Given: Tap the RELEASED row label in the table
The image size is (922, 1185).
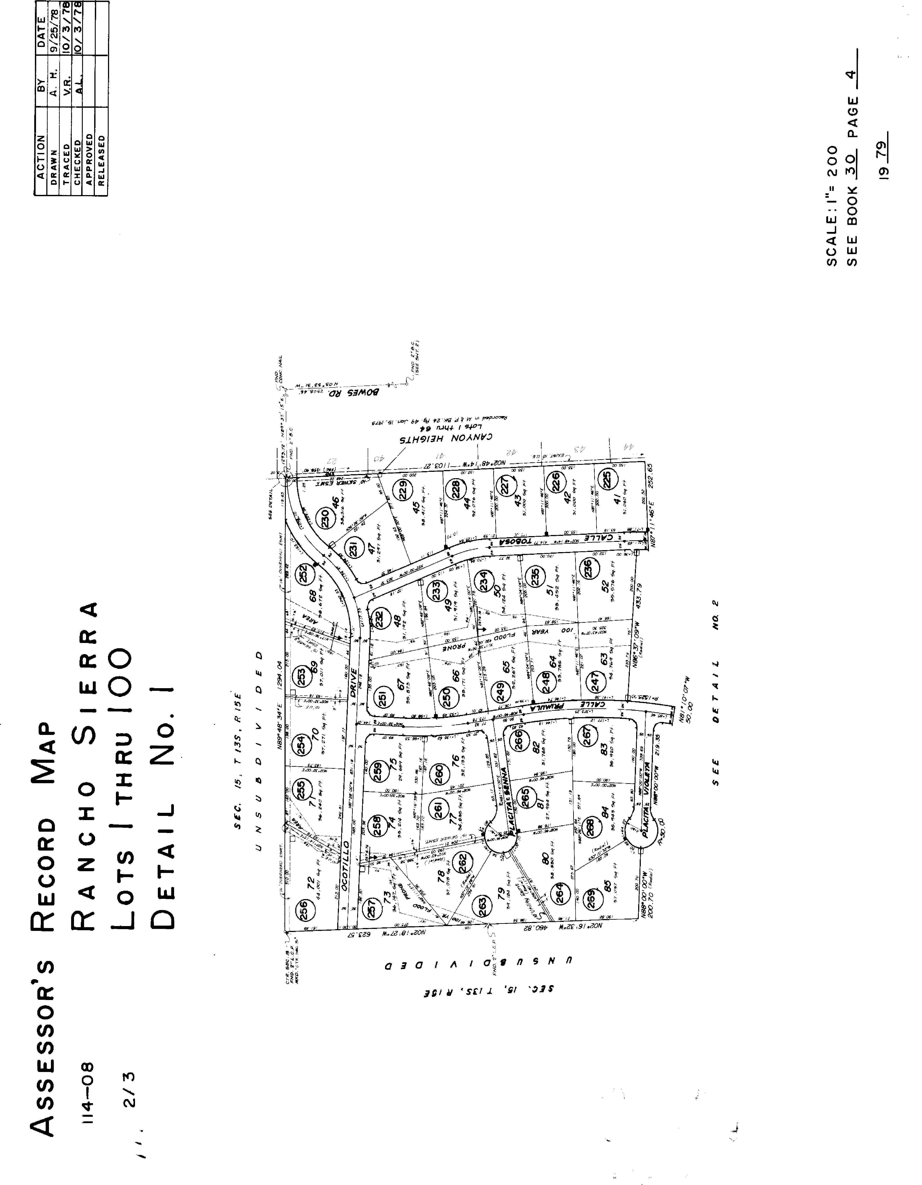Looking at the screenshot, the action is click(101, 161).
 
